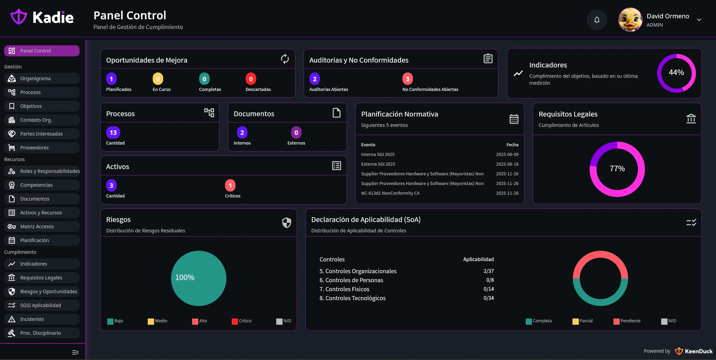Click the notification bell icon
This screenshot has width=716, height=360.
[597, 20]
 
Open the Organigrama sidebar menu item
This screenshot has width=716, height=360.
[35, 79]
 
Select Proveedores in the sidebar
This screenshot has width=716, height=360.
[34, 148]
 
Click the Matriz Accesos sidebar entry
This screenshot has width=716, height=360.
[37, 227]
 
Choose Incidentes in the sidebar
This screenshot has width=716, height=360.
[32, 319]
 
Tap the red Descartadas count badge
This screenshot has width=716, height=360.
[251, 79]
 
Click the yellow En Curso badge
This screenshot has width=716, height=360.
[158, 79]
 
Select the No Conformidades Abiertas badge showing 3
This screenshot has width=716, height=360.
[407, 79]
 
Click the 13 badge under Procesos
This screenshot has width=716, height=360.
[113, 132]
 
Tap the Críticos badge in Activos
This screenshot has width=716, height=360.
[230, 185]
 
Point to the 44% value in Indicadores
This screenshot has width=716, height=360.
[676, 73]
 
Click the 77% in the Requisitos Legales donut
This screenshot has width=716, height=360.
[617, 169]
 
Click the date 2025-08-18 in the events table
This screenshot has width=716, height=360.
[507, 164]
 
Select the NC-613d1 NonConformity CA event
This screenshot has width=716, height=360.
[390, 193]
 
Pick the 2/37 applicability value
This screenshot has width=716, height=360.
[488, 271]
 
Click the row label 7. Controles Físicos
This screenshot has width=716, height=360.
[344, 289]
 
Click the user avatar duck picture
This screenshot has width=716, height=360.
[630, 20]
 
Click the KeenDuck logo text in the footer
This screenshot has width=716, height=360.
[698, 351]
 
